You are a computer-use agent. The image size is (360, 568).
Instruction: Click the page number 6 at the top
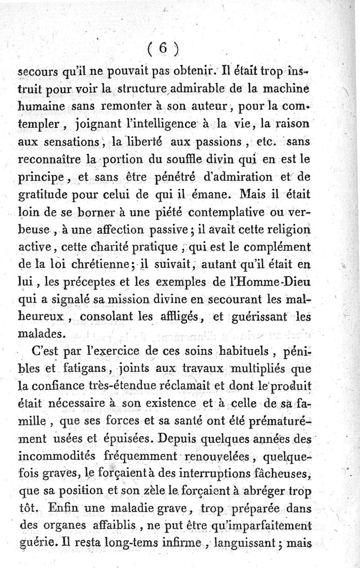coord(162,48)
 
